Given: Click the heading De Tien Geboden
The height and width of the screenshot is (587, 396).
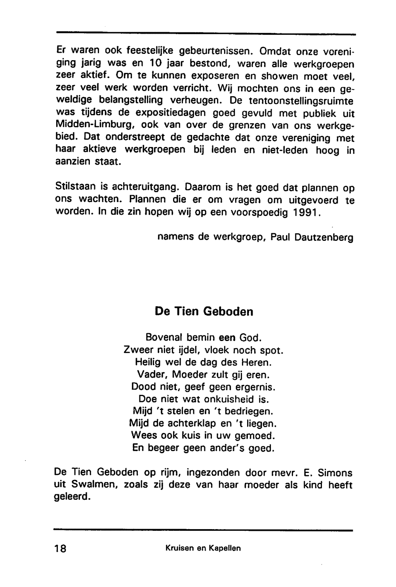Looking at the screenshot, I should coord(204,311).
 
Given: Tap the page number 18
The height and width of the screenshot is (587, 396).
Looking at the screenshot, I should coord(61,549).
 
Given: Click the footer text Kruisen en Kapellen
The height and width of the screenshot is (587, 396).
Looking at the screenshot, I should coord(203,549).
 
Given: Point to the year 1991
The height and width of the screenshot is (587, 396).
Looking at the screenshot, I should coord(305,212).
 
